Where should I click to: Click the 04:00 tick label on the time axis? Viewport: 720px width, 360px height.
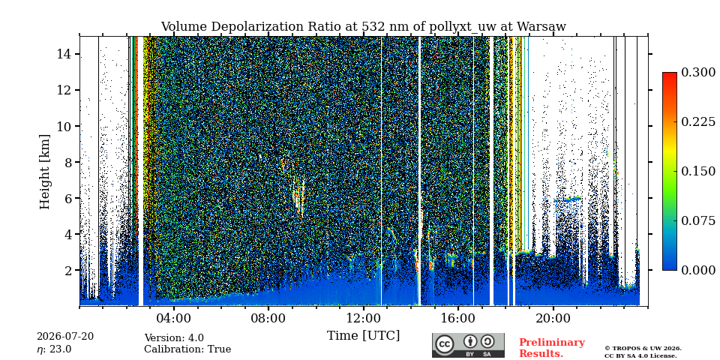point(174,319)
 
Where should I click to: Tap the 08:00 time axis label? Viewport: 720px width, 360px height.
point(268,319)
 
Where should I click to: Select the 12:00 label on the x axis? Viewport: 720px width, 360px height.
point(363,319)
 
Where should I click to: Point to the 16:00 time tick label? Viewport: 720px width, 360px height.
point(457,319)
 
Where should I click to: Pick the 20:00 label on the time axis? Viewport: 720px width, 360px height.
point(553,319)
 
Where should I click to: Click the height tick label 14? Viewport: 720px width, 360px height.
point(64,54)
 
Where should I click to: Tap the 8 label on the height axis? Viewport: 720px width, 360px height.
point(69,162)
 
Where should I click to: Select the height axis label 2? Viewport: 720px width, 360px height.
point(69,270)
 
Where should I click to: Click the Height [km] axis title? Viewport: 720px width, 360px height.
point(44,172)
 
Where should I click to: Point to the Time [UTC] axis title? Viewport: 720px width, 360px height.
point(363,336)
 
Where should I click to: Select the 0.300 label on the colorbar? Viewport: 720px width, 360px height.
point(698,72)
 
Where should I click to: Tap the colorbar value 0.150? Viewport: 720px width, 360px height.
point(698,171)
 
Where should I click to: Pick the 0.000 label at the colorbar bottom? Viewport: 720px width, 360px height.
point(698,270)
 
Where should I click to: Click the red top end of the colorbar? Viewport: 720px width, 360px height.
point(670,74)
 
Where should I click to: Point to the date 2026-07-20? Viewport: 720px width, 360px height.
point(65,337)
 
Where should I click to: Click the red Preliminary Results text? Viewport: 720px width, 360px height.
point(552,347)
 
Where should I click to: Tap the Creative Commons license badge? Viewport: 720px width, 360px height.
point(468,345)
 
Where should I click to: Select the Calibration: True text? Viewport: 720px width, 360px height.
point(187,349)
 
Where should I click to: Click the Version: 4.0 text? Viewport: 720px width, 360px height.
point(174,338)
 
